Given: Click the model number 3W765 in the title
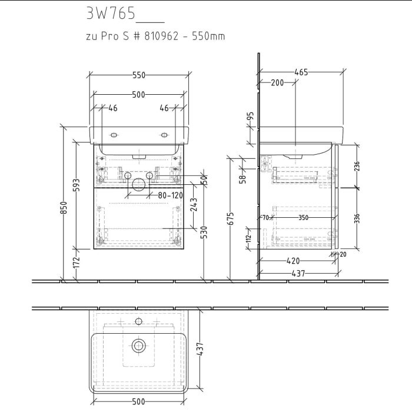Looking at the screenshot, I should coord(111,13).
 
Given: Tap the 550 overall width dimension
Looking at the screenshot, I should coord(138,75).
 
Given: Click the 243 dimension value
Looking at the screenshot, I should coord(194,204).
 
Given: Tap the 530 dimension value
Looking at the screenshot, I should coord(204,232).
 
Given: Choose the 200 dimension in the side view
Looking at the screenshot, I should coord(277,83).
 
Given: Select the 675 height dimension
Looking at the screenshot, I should coord(231,218).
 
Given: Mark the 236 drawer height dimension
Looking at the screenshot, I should coord(357,167).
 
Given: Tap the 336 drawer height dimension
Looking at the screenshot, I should coord(357,218).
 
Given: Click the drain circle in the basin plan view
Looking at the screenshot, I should coord(139,345).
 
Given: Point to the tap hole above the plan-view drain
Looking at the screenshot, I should coord(139,321).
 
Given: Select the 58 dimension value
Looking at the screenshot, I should coord(242,178).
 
